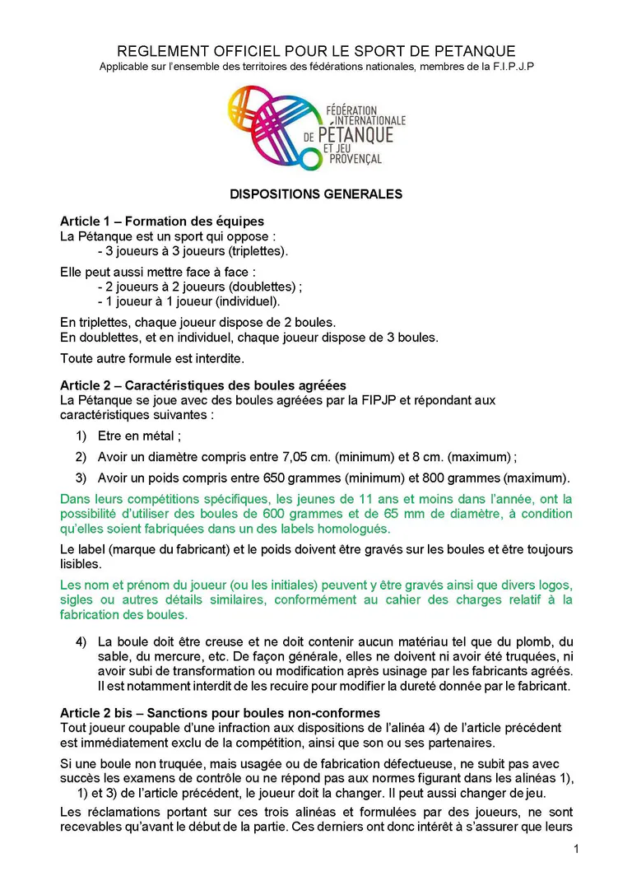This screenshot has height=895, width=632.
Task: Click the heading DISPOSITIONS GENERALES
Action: (x=316, y=194)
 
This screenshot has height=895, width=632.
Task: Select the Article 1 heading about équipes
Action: (x=162, y=221)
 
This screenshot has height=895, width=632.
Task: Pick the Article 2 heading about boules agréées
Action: (x=203, y=385)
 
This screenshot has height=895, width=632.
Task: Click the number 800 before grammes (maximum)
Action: (x=434, y=477)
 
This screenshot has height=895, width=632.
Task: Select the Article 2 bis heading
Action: (x=220, y=712)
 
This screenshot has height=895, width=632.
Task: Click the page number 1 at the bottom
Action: (x=576, y=850)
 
